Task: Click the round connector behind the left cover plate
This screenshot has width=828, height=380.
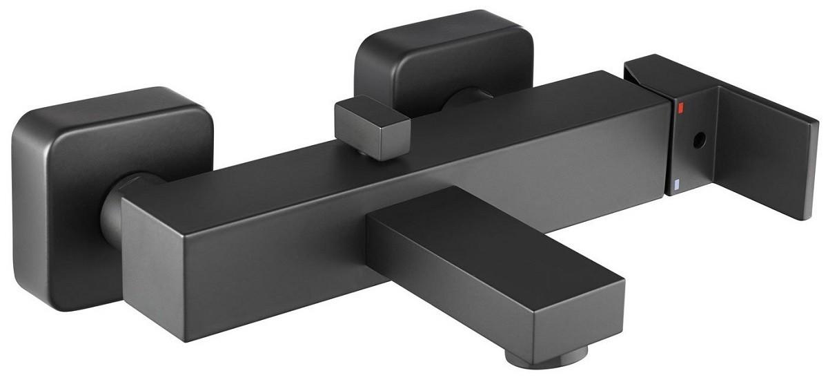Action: point(114,207)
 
